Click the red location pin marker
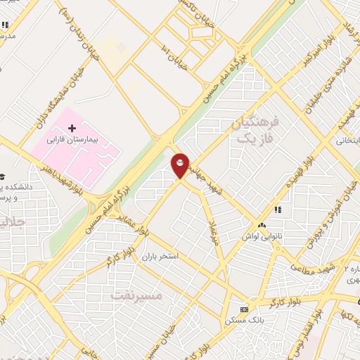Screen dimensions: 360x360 (x=181, y=165)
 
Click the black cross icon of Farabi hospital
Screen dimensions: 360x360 (x=71, y=128)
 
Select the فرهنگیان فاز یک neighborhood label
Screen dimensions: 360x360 (x=255, y=131)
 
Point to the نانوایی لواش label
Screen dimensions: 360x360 (x=264, y=236)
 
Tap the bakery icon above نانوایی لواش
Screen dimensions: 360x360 (x=262, y=225)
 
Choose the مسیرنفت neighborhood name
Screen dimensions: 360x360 (x=136, y=296)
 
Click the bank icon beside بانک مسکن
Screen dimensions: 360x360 (x=244, y=309)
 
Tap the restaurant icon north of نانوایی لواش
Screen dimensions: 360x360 (x=278, y=210)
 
